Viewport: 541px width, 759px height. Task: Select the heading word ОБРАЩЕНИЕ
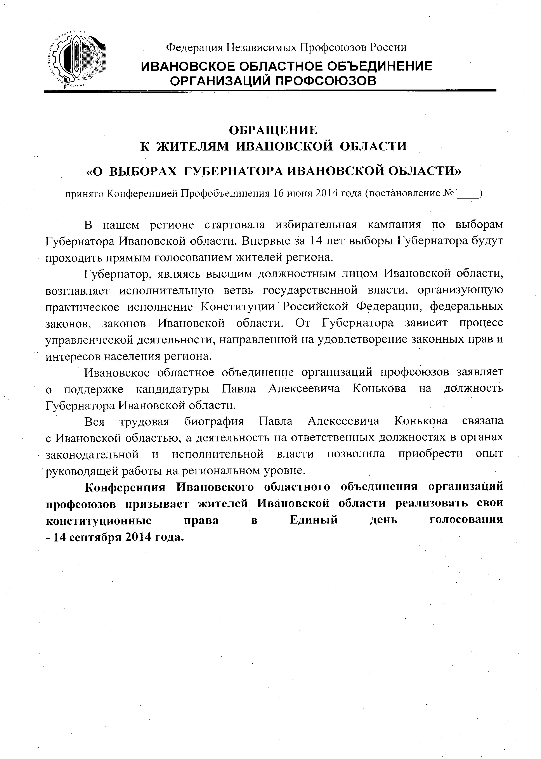(273, 130)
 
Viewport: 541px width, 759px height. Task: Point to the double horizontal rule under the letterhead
(270, 91)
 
